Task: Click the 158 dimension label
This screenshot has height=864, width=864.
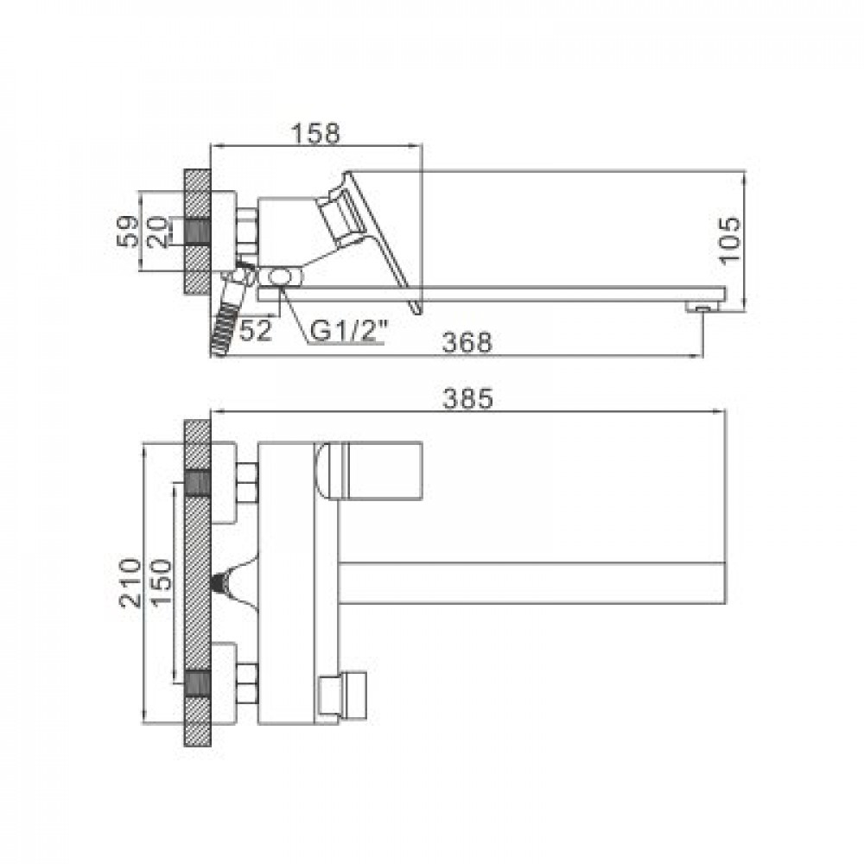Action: [315, 134]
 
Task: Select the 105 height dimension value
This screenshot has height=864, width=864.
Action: [730, 240]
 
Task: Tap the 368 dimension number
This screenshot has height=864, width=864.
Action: [467, 342]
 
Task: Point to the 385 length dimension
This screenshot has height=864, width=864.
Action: [467, 398]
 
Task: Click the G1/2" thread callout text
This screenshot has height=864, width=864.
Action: [349, 331]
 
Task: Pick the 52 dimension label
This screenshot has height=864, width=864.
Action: [257, 330]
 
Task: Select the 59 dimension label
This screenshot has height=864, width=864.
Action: [128, 231]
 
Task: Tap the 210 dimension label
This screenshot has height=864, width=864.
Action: [130, 582]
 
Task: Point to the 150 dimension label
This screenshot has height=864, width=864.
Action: [162, 582]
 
